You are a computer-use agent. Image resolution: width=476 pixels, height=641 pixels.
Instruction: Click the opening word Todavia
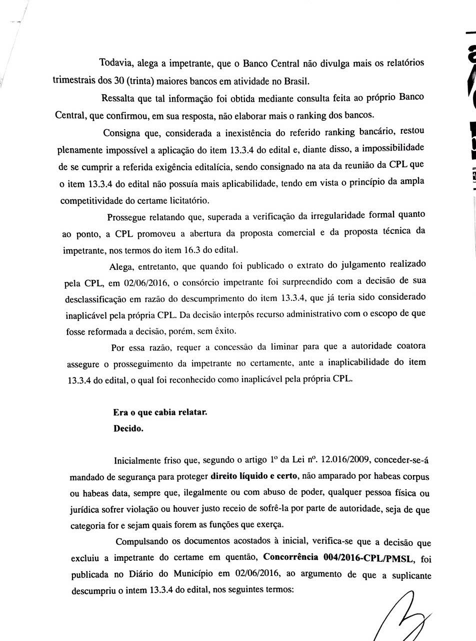(114, 63)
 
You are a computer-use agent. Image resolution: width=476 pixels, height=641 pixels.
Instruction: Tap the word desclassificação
(98, 299)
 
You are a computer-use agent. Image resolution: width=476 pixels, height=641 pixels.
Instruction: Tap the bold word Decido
(128, 429)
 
